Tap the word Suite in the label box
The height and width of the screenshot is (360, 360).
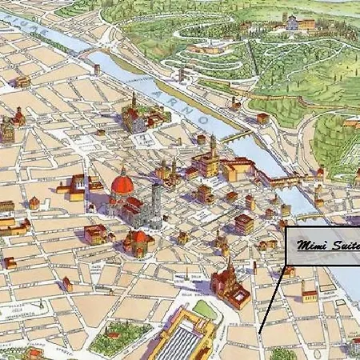[345, 246]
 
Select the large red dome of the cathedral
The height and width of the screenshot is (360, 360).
[122, 186]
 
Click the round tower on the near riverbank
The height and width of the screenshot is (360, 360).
[179, 75]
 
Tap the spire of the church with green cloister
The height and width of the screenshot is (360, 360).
[133, 102]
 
